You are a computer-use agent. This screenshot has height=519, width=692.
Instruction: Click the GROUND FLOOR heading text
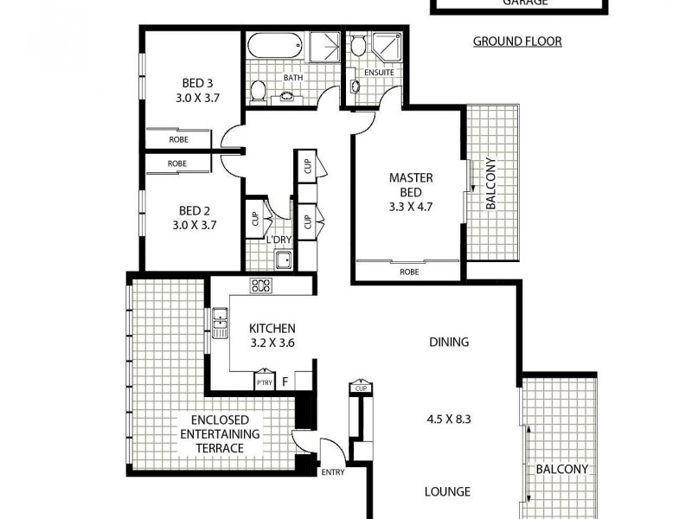click(517, 42)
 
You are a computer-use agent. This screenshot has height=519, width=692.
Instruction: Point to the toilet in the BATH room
click(258, 91)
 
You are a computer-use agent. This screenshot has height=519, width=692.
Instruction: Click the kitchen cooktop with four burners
click(261, 286)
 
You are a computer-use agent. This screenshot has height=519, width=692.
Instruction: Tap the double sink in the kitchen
click(218, 324)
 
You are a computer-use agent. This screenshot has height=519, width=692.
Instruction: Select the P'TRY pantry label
click(263, 382)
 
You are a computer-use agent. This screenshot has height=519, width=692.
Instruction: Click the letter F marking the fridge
click(285, 381)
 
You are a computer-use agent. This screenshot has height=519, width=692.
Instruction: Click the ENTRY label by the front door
click(332, 472)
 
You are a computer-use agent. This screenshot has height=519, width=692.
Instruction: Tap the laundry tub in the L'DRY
click(282, 261)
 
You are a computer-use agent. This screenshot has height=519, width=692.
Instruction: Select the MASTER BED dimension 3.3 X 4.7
click(410, 207)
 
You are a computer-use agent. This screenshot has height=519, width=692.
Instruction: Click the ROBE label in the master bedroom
click(410, 270)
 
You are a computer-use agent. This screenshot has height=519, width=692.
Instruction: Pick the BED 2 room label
click(194, 210)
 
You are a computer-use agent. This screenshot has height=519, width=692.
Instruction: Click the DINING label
click(449, 342)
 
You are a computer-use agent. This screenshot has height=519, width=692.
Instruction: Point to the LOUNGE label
click(447, 491)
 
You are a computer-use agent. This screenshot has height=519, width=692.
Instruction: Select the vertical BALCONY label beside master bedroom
click(490, 183)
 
